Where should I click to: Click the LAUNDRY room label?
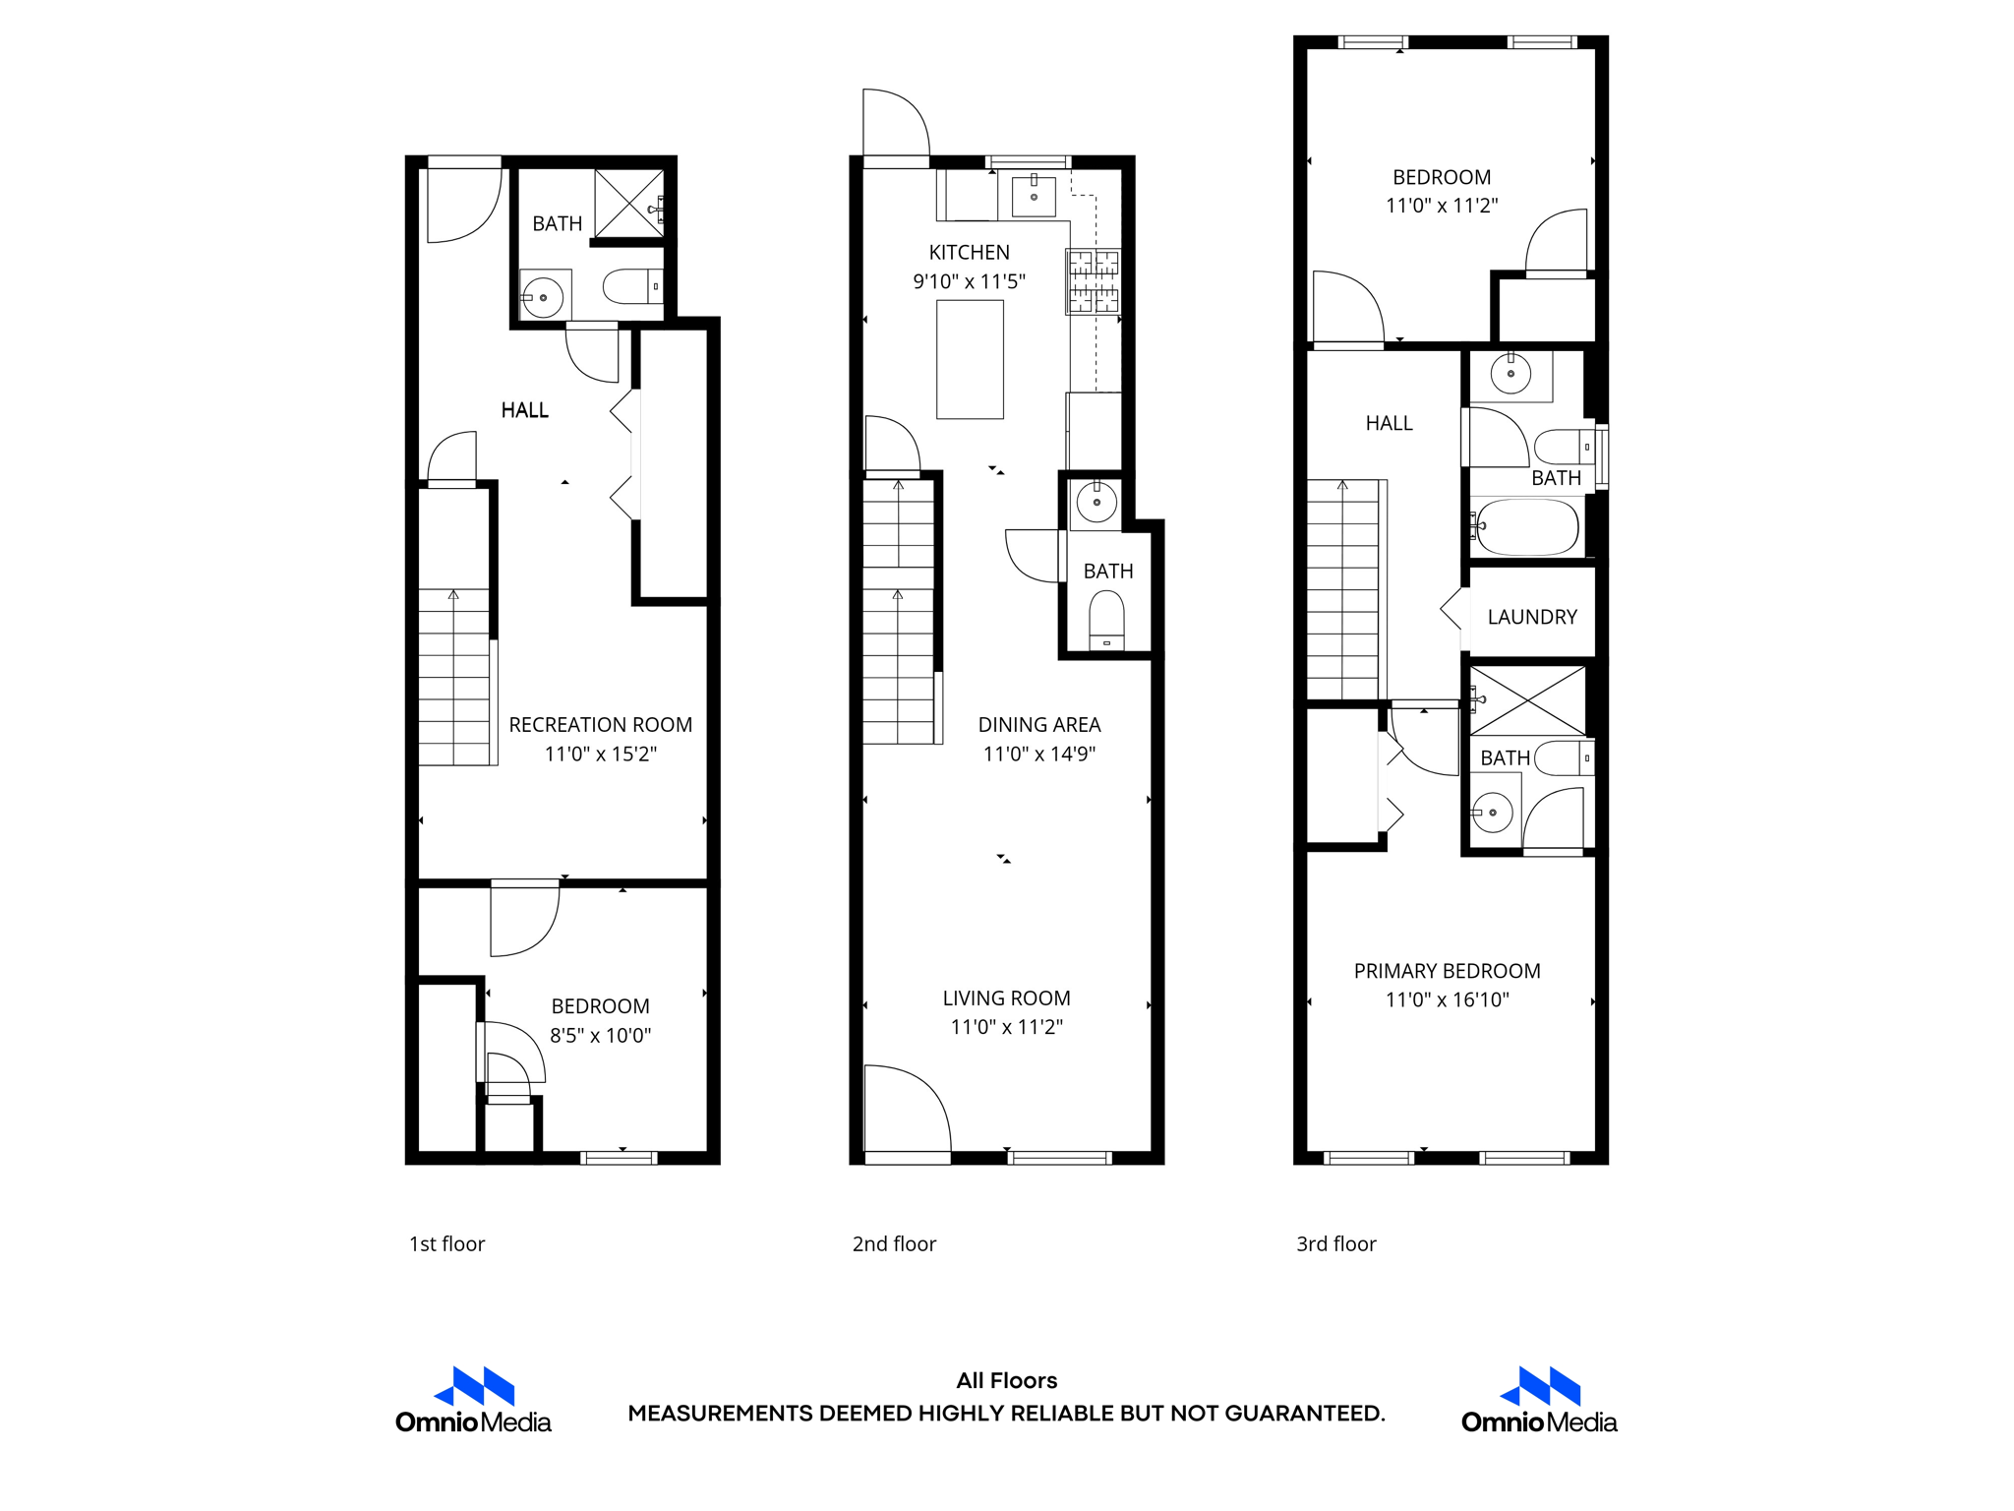click(x=1531, y=617)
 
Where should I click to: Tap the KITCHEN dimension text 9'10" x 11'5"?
click(x=969, y=281)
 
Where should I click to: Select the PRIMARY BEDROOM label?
click(x=1447, y=971)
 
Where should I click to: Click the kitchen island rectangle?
click(x=970, y=360)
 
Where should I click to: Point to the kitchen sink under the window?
click(x=1034, y=196)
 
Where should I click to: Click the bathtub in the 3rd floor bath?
click(x=1527, y=527)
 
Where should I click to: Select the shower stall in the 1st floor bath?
click(x=629, y=204)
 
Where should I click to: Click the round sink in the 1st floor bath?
click(x=543, y=297)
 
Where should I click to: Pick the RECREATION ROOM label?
click(x=600, y=725)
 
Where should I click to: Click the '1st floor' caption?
click(x=446, y=1243)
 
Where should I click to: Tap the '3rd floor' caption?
click(x=1335, y=1243)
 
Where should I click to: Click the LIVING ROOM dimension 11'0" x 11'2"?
click(x=1006, y=1027)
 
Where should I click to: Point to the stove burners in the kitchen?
click(x=1093, y=281)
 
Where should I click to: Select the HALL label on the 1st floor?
click(x=524, y=410)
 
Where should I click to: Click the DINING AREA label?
click(x=1038, y=725)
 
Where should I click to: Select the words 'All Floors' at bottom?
click(x=1006, y=1380)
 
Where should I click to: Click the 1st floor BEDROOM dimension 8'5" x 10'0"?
click(x=600, y=1035)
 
